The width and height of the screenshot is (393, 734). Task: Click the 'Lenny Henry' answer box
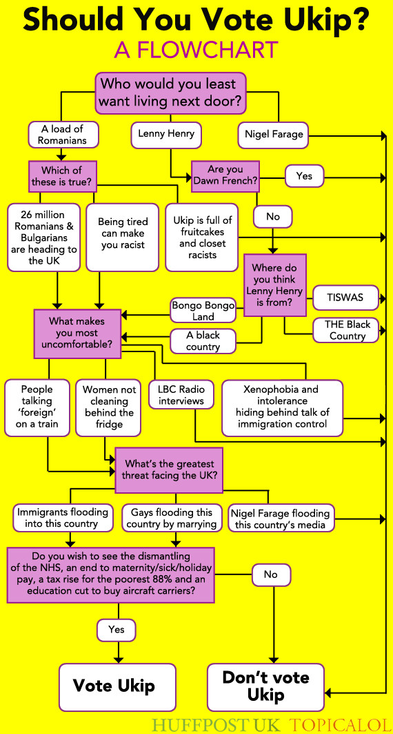(x=166, y=134)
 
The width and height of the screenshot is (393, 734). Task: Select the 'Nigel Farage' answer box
(x=274, y=135)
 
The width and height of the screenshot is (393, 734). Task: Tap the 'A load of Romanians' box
(x=63, y=134)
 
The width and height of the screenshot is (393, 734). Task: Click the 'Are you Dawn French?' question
(x=225, y=175)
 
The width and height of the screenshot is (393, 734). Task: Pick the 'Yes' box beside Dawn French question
(x=304, y=176)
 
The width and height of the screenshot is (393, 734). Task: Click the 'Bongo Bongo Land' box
(x=203, y=310)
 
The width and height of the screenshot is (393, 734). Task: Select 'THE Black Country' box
(x=347, y=330)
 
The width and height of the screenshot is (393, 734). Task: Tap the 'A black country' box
(x=203, y=341)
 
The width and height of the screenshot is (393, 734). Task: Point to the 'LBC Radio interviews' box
(x=181, y=395)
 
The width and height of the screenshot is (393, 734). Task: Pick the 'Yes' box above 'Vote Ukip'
(x=117, y=630)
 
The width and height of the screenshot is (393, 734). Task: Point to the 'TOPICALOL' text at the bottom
(x=338, y=725)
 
